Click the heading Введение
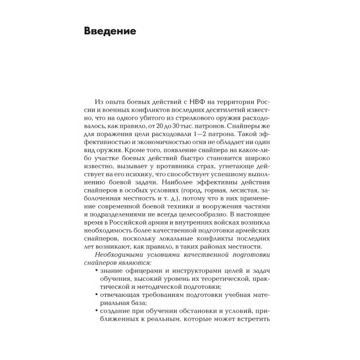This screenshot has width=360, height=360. click(x=110, y=31)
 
